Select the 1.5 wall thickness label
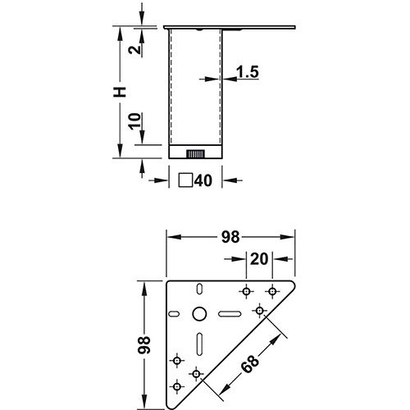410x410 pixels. coord(248,73)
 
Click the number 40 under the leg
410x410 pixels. coord(203,181)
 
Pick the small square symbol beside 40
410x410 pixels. coord(186,181)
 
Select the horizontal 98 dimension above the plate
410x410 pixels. coord(230,237)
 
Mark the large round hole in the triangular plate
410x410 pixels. coord(199,314)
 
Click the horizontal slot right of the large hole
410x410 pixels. coord(229,314)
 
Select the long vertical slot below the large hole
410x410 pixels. coord(199,345)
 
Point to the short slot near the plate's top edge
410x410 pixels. coord(198,289)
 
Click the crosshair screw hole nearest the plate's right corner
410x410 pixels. coord(272,290)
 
